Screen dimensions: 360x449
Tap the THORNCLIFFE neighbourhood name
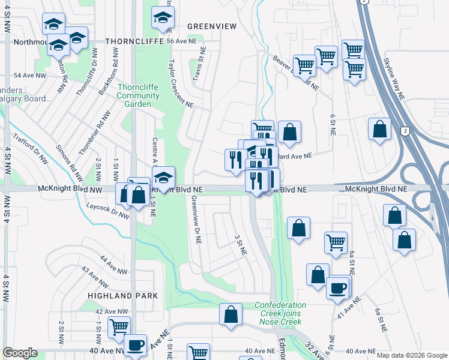coord(134,41)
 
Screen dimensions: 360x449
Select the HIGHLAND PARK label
coord(122,296)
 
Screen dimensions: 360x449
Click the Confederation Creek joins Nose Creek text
coord(280,310)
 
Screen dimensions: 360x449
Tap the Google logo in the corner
coord(20,353)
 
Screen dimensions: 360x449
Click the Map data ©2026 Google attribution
coord(411,355)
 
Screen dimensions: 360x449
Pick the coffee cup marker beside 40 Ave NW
coord(136,344)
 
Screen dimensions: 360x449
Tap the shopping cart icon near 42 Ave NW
coord(119,326)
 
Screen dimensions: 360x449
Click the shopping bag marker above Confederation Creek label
coord(231,314)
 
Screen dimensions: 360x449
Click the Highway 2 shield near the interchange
coord(407,131)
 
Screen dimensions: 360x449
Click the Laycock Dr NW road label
coord(107,209)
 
